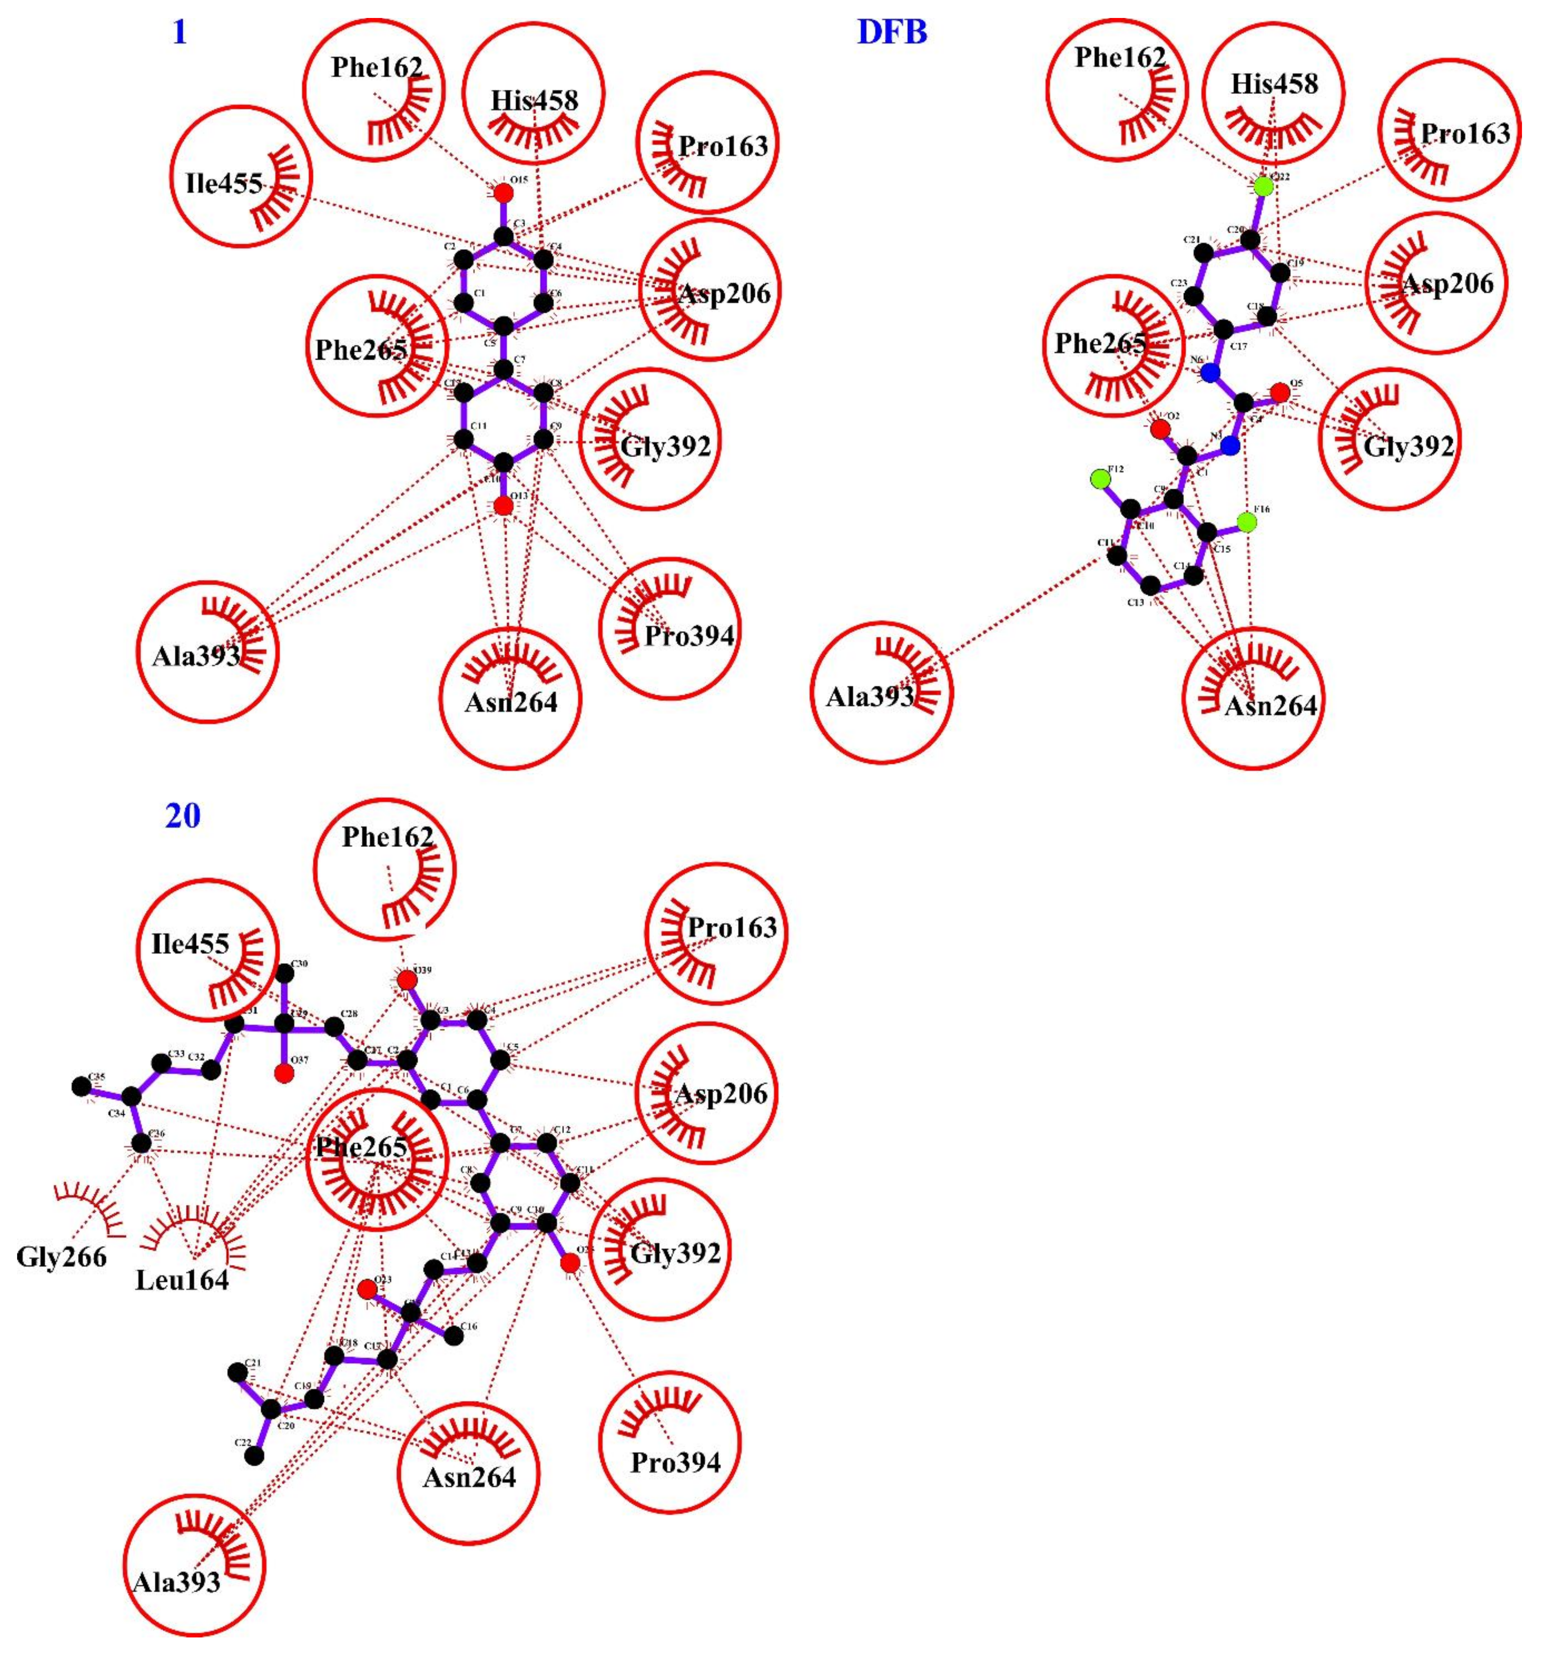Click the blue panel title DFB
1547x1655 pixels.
(x=892, y=32)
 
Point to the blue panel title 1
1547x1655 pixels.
(x=179, y=32)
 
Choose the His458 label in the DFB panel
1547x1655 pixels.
(x=1274, y=84)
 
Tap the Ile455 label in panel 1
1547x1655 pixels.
(x=224, y=183)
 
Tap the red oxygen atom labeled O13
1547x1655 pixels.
(x=502, y=505)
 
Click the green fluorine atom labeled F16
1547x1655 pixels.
(x=1246, y=522)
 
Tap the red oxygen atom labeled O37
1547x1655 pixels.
(x=284, y=1074)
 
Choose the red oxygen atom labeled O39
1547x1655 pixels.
(x=406, y=981)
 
